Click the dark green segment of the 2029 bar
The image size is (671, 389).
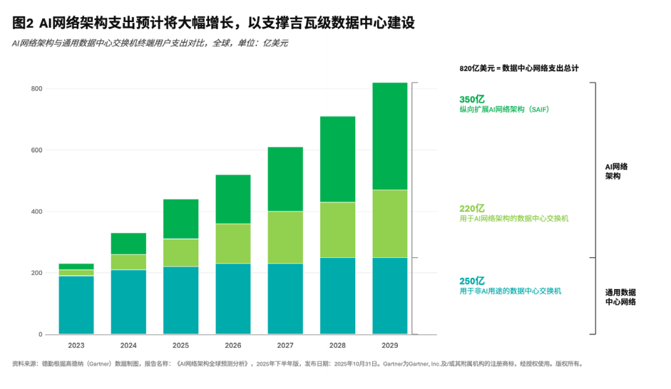[x=390, y=136]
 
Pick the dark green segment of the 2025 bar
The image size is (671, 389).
[x=180, y=219]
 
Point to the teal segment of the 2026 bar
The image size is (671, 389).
[x=233, y=299]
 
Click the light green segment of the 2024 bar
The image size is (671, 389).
[x=128, y=262]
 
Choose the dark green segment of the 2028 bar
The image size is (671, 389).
[x=337, y=159]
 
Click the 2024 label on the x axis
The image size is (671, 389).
[x=128, y=346]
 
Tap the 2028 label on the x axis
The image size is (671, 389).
[x=337, y=346]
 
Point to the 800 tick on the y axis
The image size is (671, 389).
[x=37, y=89]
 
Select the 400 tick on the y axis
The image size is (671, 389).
[x=37, y=212]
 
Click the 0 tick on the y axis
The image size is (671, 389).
[x=41, y=334]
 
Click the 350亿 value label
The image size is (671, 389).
[x=472, y=99]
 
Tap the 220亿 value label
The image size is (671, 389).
[x=472, y=208]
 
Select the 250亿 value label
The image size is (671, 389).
[x=472, y=281]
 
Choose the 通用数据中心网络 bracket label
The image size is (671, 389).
[x=620, y=297]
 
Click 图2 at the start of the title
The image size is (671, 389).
[x=24, y=24]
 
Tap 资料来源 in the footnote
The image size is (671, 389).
[x=26, y=364]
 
